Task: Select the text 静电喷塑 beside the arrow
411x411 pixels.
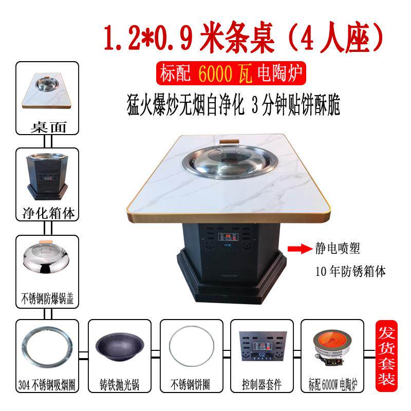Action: (x=338, y=249)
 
